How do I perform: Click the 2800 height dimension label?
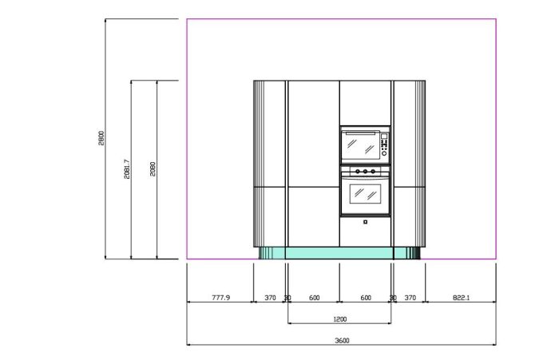(x=101, y=138)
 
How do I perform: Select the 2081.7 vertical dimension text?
(x=127, y=169)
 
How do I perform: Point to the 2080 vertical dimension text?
(x=153, y=169)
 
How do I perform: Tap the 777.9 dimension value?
(x=221, y=297)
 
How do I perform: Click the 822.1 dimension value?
(x=462, y=297)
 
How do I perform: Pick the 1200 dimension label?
(x=339, y=319)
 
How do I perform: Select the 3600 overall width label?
(x=343, y=340)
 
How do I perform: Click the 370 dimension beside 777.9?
(x=270, y=297)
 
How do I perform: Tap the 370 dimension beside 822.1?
(x=410, y=297)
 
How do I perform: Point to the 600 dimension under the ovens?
(x=366, y=297)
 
